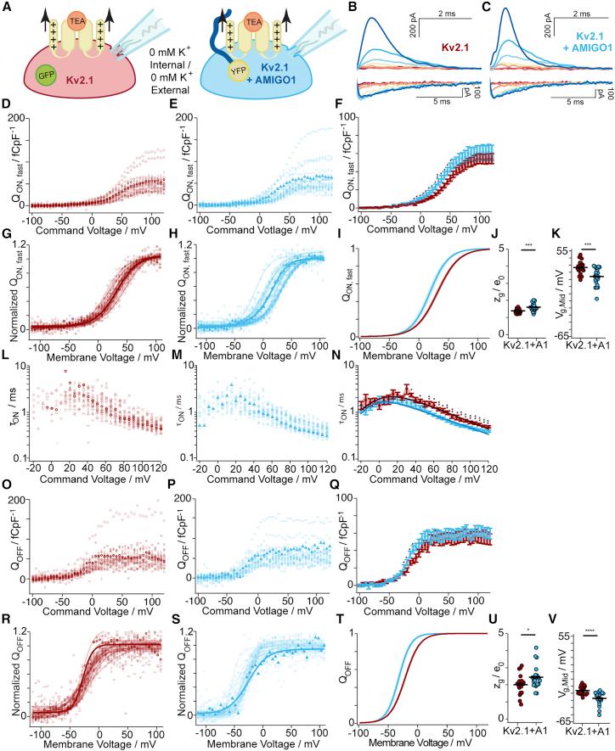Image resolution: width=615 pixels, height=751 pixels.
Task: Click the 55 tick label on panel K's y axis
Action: pos(556,252)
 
